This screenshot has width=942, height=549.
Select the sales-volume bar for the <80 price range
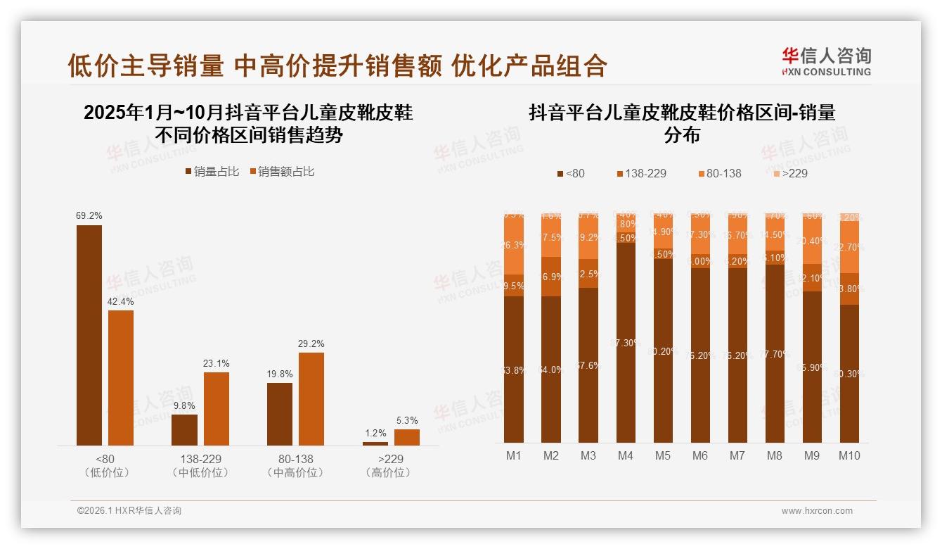point(89,335)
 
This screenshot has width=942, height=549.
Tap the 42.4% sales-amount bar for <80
point(121,377)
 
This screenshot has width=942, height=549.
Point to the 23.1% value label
point(217,363)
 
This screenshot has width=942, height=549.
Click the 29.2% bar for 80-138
point(311,398)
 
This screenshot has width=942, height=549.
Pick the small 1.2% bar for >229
point(375,443)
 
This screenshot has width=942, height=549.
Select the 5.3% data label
point(407,421)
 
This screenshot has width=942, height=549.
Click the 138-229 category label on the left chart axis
point(200,459)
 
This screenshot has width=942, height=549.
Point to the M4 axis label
point(625,455)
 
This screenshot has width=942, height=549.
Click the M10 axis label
point(849,455)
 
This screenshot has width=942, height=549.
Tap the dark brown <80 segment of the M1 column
point(514,370)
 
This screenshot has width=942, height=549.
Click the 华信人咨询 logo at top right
point(826,61)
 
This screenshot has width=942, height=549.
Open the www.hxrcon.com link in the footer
point(817,511)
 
